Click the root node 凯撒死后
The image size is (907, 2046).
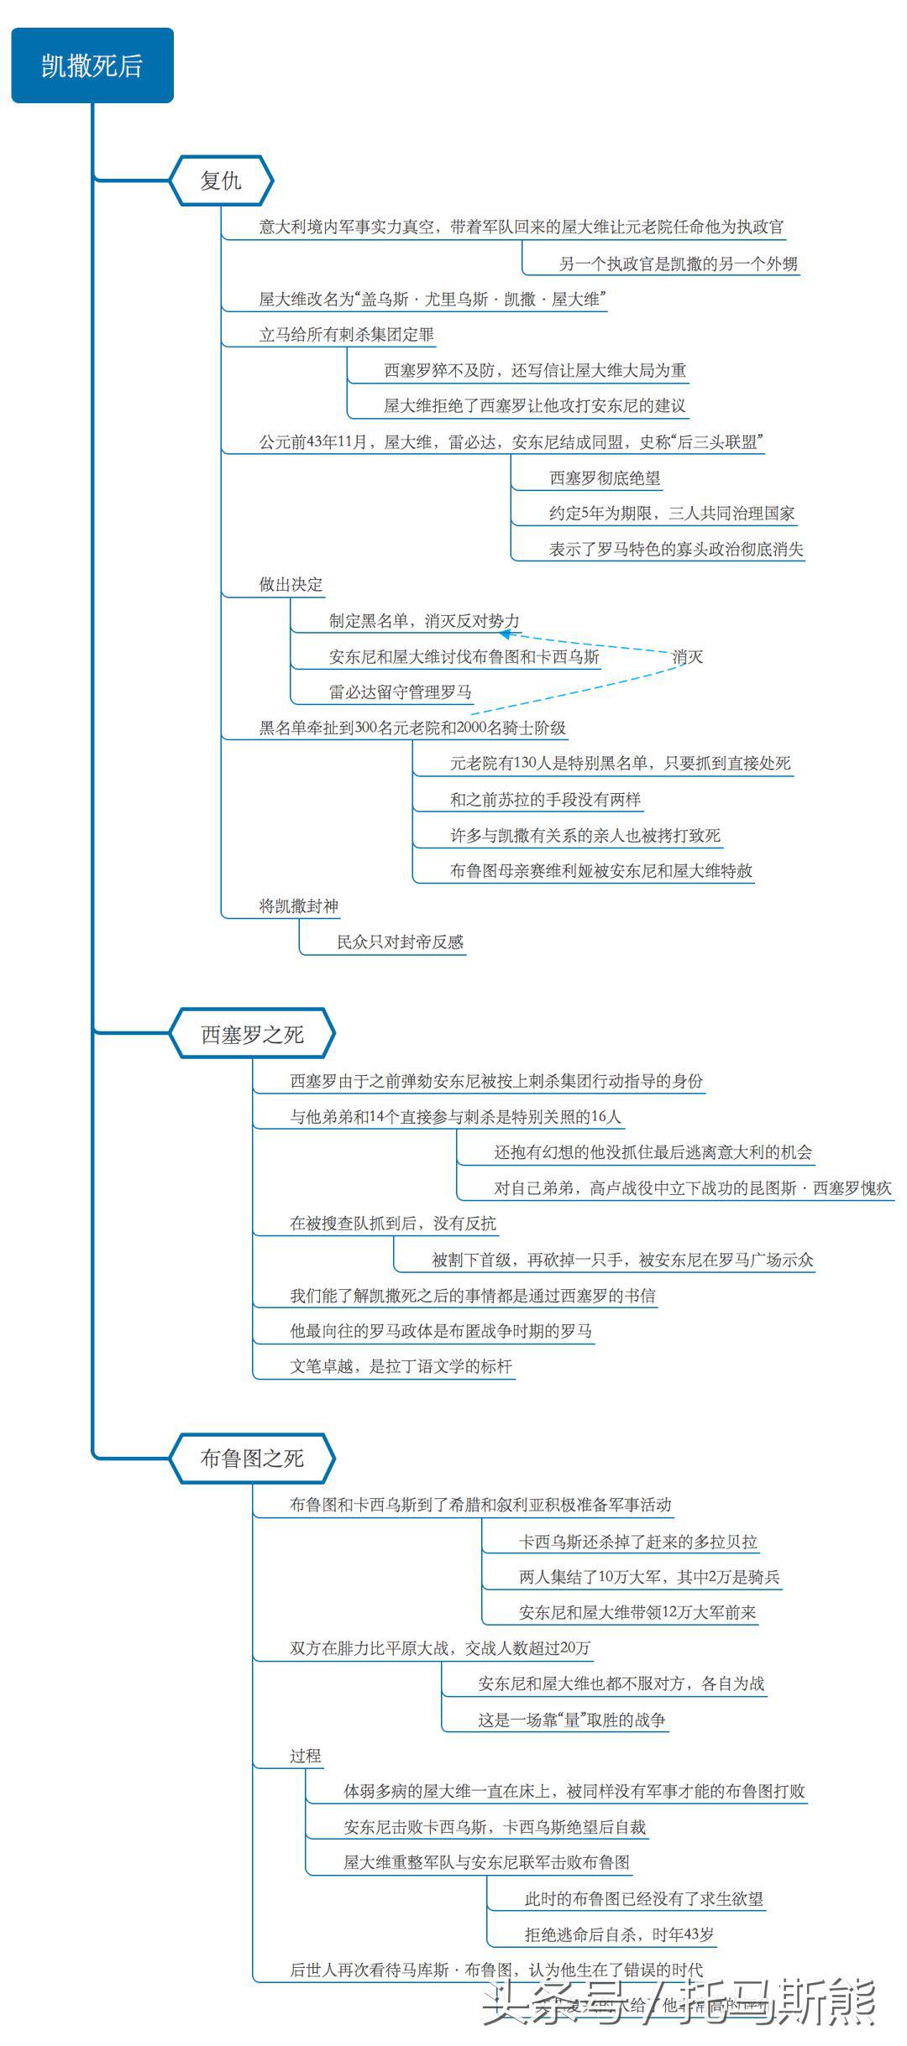[92, 65]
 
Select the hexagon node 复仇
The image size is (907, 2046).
[222, 180]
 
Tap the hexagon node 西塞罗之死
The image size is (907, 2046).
[252, 1034]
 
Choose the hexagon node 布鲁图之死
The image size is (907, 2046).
[252, 1458]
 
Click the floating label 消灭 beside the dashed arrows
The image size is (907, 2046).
[687, 657]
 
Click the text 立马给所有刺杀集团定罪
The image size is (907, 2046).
[346, 335]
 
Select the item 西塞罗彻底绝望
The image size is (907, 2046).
[605, 478]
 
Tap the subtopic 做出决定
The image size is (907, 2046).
[291, 585]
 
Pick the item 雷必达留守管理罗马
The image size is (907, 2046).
[401, 692]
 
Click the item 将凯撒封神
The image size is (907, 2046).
[299, 906]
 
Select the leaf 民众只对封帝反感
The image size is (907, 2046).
[401, 942]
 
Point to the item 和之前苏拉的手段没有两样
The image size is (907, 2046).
[545, 800]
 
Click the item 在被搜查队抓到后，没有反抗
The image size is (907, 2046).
[393, 1224]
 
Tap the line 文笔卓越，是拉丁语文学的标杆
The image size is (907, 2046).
[401, 1366]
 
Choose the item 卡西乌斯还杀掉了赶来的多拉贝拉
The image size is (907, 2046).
[638, 1542]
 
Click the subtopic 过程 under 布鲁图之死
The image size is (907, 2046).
[306, 1756]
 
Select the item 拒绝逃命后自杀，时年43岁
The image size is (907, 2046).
[620, 1934]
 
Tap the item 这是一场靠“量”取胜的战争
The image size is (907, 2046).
[572, 1720]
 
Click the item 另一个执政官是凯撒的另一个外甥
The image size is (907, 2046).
[679, 264]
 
